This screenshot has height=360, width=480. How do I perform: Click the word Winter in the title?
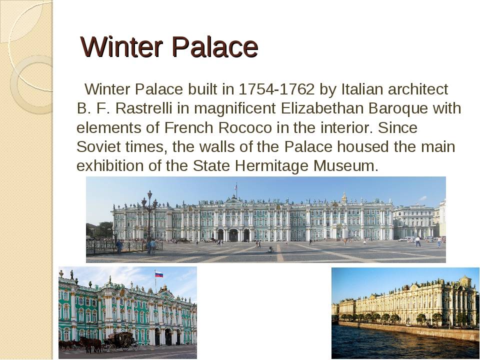121,47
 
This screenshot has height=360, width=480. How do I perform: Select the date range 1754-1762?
276,89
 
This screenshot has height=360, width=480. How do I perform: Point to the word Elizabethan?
322,108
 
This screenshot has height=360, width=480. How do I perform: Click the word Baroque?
398,109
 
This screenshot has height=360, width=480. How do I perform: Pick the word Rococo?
245,127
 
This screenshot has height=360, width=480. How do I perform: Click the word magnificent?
235,109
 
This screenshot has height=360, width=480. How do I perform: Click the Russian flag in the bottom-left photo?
159,274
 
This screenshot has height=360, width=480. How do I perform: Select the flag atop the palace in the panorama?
235,186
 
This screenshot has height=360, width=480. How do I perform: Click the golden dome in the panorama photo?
344,198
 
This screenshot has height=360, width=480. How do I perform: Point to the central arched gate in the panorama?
233,235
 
